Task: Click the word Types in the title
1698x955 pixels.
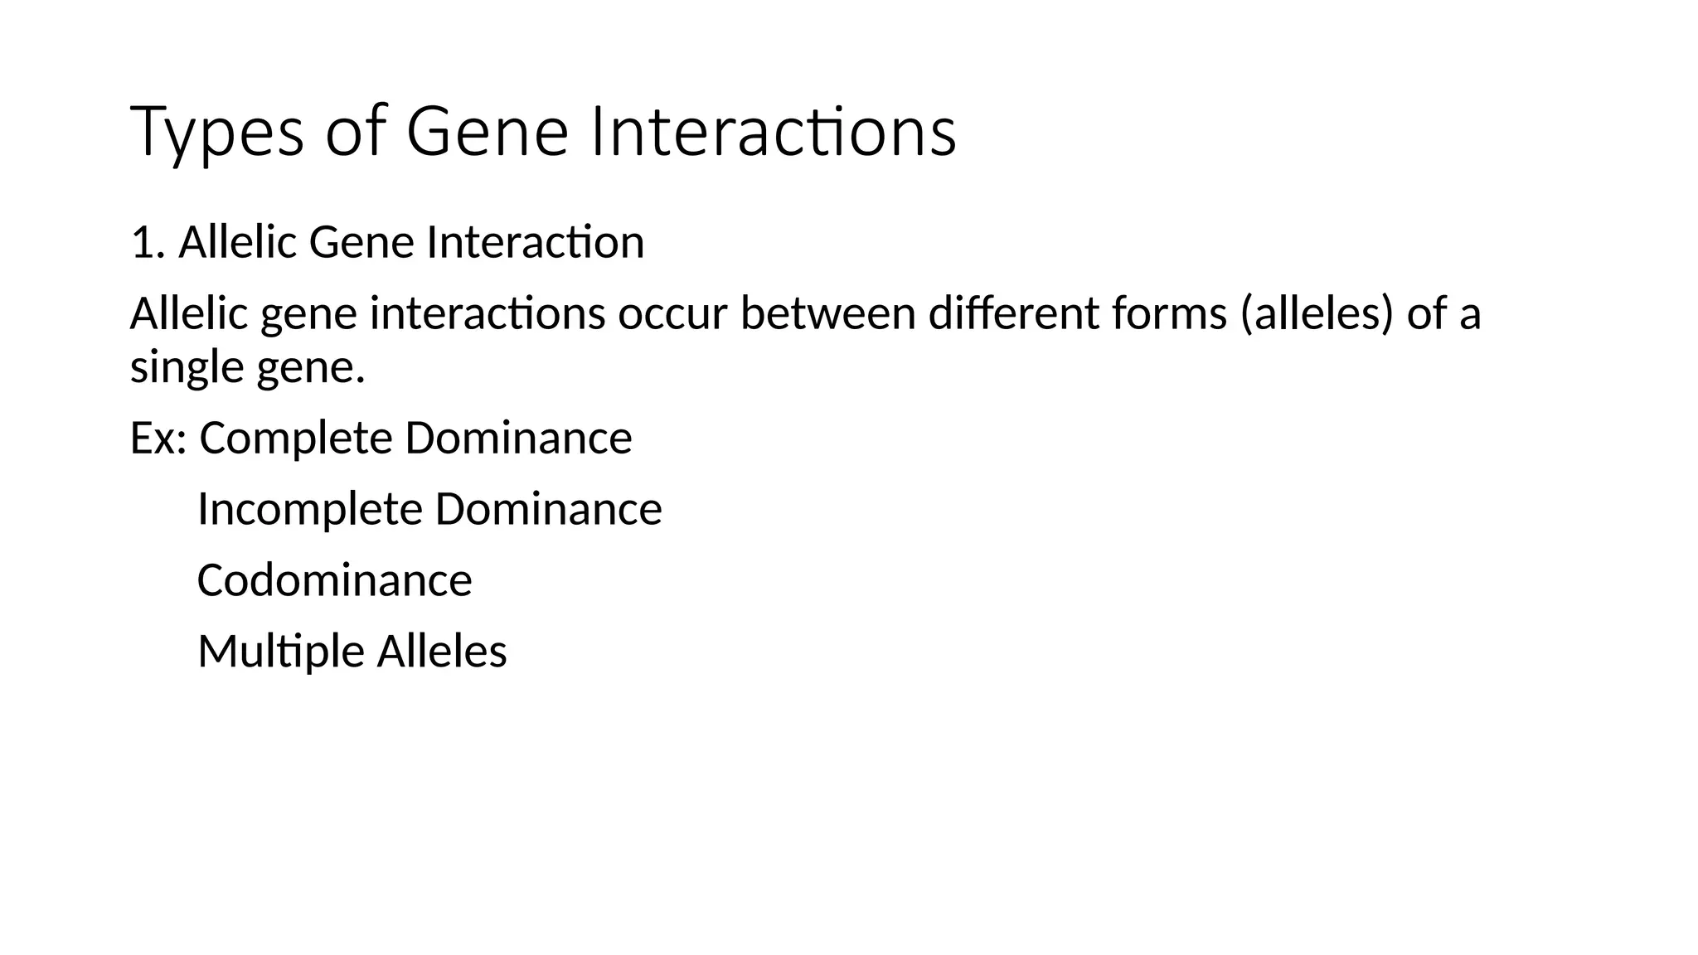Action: coord(217,133)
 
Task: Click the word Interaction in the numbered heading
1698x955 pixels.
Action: coord(535,243)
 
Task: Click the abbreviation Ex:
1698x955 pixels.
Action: coord(158,439)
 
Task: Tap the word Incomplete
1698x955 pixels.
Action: coord(310,509)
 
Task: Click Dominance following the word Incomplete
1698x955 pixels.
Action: coord(548,509)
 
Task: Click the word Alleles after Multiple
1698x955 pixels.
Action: coord(442,652)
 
